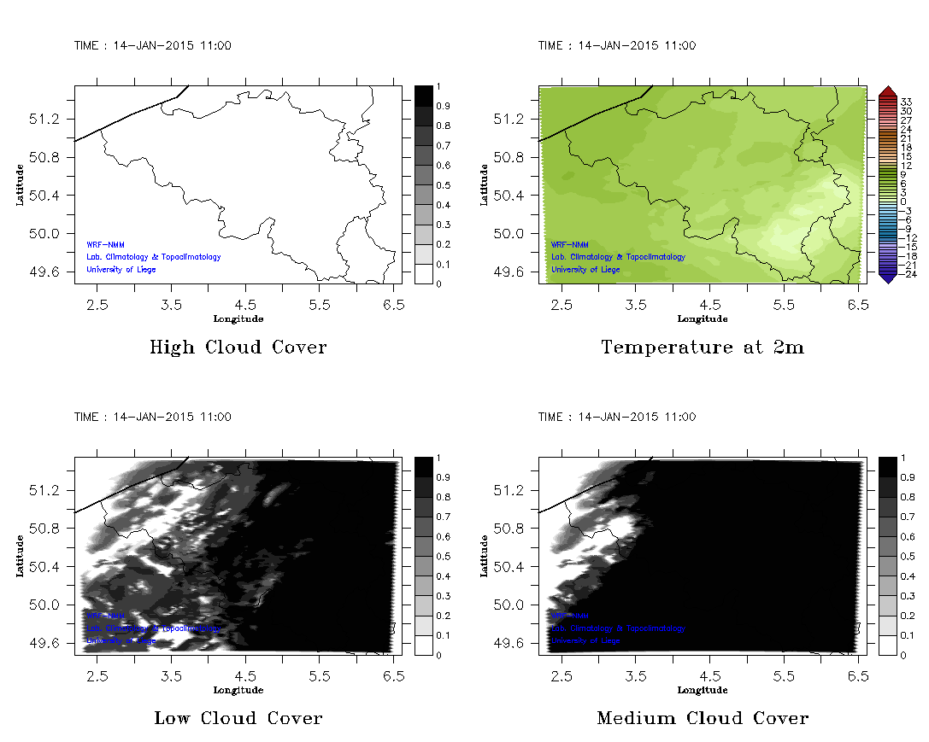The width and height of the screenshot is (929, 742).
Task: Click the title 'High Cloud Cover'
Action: coord(238,348)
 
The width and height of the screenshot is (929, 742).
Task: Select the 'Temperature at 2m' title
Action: coord(703,348)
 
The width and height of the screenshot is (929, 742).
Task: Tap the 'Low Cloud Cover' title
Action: coord(238,718)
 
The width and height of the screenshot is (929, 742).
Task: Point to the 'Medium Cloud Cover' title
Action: coord(703,718)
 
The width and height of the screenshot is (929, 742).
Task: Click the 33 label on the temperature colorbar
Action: coord(907,101)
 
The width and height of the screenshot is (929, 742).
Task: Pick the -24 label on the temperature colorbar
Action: coord(907,274)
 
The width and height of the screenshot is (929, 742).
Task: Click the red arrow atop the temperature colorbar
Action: coord(887,91)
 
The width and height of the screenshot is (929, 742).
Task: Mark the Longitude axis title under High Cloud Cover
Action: coord(238,318)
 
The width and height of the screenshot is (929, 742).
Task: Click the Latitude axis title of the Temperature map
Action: coord(484,184)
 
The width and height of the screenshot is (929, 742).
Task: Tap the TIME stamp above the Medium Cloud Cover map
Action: coord(617,417)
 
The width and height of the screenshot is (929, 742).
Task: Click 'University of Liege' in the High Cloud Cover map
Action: coord(121,270)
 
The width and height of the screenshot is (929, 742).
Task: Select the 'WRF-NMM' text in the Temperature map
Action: coord(569,244)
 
